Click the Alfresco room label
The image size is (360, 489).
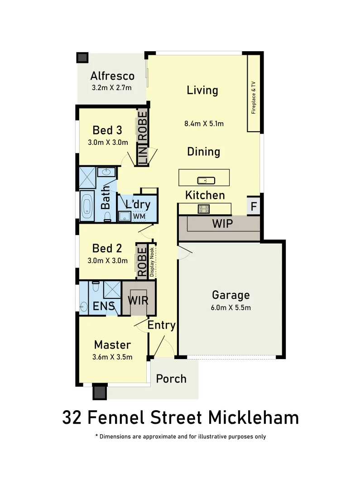(x=112, y=76)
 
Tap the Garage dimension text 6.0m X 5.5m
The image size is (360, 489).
(x=231, y=308)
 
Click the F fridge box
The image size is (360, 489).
(x=254, y=207)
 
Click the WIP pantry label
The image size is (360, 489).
(x=222, y=224)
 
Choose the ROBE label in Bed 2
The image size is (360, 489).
(x=142, y=261)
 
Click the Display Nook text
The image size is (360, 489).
(x=152, y=261)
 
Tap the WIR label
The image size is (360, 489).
(x=138, y=300)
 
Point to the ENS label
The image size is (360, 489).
(x=104, y=306)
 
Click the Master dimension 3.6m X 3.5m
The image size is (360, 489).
(x=112, y=357)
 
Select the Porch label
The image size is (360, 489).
(x=171, y=379)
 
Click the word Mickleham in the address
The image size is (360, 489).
(x=254, y=417)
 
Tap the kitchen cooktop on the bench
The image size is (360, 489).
(x=204, y=209)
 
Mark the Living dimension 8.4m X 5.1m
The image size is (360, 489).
(x=204, y=123)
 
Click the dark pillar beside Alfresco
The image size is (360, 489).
(x=82, y=58)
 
